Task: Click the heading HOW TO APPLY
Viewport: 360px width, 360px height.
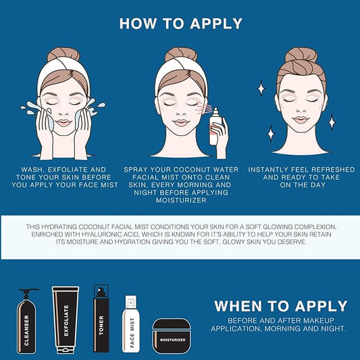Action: point(180,23)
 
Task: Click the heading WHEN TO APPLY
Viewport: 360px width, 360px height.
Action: point(280,306)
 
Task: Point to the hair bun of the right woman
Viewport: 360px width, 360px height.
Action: point(301,57)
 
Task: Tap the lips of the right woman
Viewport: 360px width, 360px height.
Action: point(300,121)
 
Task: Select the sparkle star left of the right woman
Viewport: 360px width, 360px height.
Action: point(261,88)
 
